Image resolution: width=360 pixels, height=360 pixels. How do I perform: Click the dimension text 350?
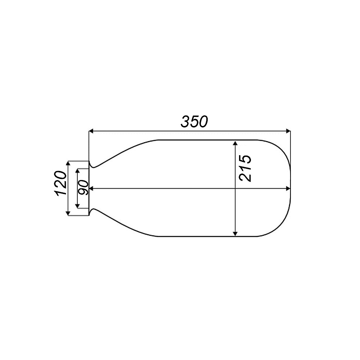pos(194,122)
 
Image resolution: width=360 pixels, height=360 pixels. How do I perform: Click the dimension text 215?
pos(245,168)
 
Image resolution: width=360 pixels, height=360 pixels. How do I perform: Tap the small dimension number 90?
pos(84,188)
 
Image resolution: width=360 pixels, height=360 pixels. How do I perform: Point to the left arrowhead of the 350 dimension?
pos(91,131)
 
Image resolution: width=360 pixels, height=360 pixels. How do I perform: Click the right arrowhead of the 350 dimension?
pos(288,131)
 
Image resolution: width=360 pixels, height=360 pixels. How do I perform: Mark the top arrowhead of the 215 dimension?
pos(235,143)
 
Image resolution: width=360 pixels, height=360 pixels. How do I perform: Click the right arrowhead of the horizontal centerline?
pos(288,188)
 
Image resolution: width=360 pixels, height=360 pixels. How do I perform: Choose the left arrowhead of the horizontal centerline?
pos(91,188)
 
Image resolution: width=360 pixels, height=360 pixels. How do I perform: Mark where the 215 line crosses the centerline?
pos(235,188)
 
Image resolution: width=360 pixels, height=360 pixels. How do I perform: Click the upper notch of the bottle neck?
pos(93,167)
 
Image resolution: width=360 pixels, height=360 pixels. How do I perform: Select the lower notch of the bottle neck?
pos(93,210)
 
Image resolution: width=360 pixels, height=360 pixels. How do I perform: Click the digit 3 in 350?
pos(185,122)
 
